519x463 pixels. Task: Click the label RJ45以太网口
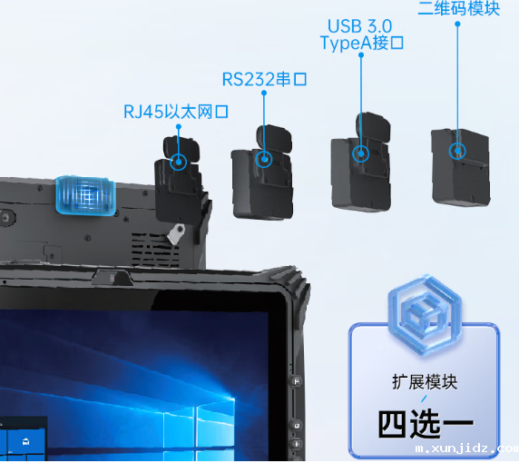(175, 113)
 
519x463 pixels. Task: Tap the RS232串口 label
(264, 80)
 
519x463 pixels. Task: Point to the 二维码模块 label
(458, 8)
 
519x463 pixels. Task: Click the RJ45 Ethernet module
(181, 177)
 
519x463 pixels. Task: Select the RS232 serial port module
(263, 177)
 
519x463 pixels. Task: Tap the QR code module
(460, 168)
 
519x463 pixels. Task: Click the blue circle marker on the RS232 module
(264, 159)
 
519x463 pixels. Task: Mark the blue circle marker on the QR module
(458, 150)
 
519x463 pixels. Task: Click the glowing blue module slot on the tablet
(86, 196)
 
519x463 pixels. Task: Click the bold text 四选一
(425, 425)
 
